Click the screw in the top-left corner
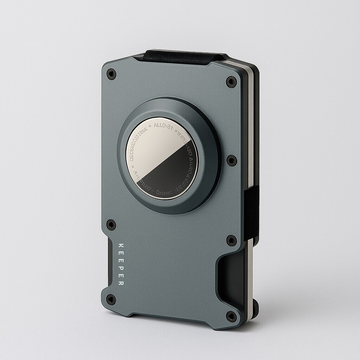point(111,74)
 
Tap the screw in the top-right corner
point(231,82)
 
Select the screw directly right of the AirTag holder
point(231,160)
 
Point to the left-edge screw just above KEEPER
point(111,224)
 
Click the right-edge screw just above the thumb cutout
point(231,240)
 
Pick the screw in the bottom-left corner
point(111,300)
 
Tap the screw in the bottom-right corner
point(231,316)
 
